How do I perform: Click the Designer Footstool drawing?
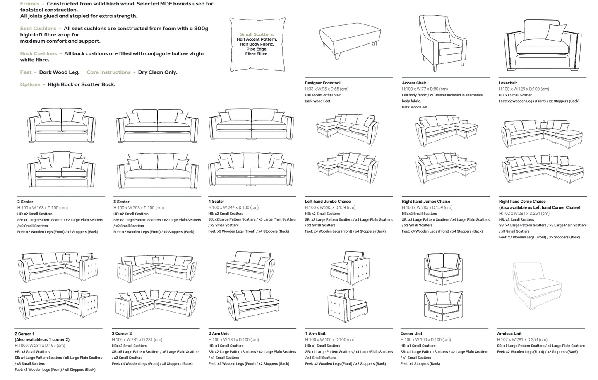coord(350,41)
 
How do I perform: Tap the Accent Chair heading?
coord(414,83)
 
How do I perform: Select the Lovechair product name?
coord(507,83)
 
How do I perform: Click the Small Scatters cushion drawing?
coord(257,44)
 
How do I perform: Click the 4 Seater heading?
coord(216,202)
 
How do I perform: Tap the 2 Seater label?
coord(25,202)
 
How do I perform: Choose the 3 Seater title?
coord(121,202)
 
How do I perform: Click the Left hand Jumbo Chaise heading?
coord(327,202)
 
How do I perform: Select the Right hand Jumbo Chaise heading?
coord(426,202)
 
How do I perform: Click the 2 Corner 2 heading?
coord(122,334)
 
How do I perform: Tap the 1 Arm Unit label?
coord(315,334)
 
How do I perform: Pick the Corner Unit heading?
coord(411,334)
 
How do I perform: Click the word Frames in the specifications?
coord(30,4)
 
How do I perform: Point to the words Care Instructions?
coord(108,72)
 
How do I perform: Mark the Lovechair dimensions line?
coord(524,89)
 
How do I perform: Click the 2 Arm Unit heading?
coord(219,334)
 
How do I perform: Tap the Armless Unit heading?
coord(509,334)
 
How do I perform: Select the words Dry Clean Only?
coord(158,72)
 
